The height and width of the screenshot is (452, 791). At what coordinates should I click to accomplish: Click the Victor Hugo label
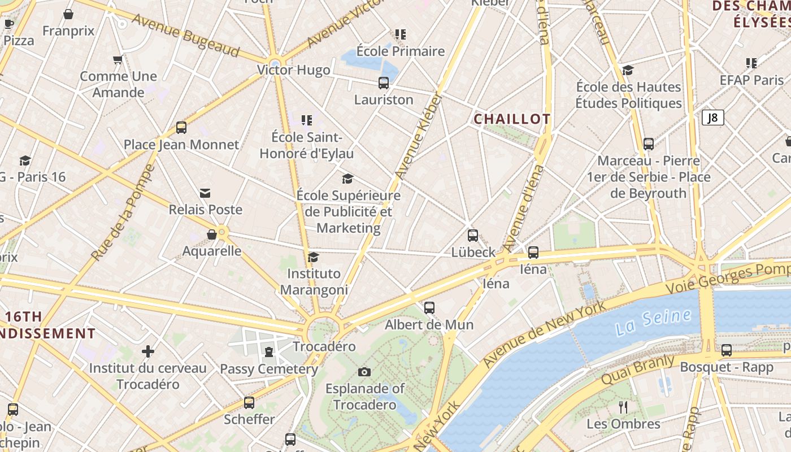coord(293,70)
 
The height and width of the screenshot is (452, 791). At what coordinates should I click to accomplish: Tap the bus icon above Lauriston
coord(384,83)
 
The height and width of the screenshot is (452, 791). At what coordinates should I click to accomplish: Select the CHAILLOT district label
coord(512,119)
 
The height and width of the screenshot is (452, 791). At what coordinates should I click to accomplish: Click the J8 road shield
coord(712,118)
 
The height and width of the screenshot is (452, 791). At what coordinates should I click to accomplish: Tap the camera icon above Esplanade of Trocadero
coord(364,372)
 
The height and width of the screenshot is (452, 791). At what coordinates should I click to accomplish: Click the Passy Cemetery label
coord(269,369)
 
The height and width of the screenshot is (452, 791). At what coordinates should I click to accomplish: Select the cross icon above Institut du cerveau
coord(148,351)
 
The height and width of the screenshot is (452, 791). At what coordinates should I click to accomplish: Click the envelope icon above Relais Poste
coord(205,193)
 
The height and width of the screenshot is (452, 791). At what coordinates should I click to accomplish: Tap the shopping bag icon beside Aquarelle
coord(212,234)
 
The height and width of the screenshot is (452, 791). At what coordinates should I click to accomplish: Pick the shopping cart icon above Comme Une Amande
coord(118,59)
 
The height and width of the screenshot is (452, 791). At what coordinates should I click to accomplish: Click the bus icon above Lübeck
coord(473,236)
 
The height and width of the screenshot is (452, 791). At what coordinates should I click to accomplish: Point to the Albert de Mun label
coord(429,325)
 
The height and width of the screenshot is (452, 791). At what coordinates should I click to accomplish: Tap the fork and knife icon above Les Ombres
coord(623,407)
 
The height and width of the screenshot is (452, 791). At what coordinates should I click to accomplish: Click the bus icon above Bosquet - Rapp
coord(727,350)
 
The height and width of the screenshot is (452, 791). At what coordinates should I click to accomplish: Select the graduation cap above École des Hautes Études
coord(628,70)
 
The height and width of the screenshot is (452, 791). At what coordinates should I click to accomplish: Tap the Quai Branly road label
coord(638,370)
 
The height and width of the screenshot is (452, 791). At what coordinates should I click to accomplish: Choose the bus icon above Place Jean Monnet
coord(181,128)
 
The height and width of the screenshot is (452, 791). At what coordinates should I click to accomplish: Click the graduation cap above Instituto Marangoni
coord(313,258)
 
